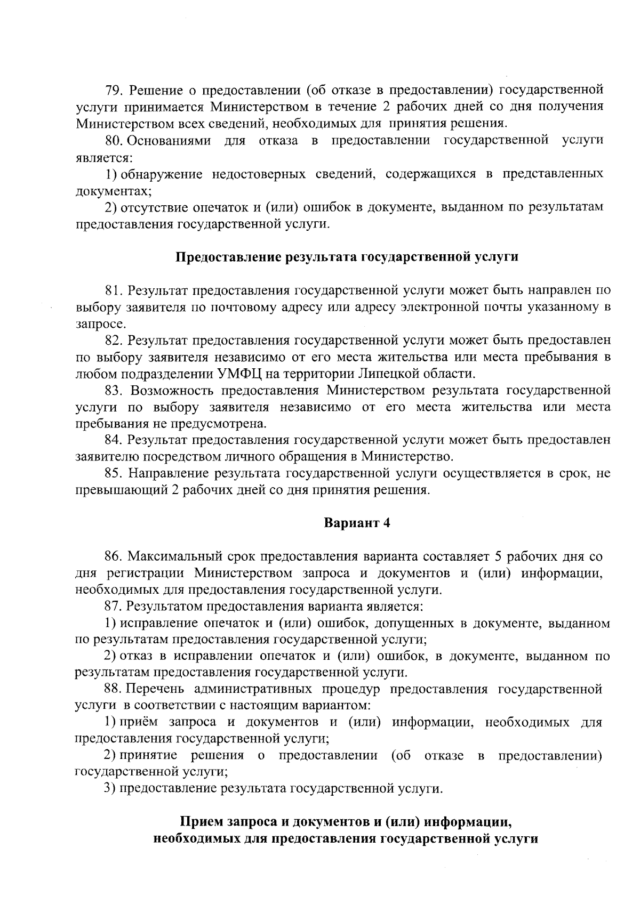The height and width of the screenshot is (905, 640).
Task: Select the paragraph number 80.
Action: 114,140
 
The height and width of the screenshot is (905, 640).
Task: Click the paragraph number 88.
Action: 114,689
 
